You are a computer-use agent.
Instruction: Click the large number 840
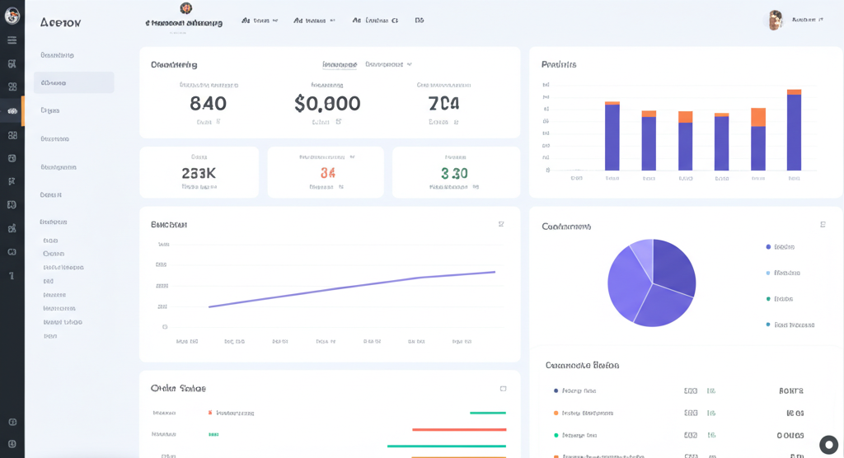point(208,103)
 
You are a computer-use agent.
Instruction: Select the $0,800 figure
point(327,103)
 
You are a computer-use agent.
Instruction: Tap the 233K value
point(199,173)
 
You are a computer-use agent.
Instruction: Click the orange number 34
point(327,173)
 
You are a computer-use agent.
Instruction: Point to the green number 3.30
point(454,173)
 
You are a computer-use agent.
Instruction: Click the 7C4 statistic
point(443,103)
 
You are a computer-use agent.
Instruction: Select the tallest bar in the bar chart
point(794,132)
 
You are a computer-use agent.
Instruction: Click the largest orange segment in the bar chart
point(758,117)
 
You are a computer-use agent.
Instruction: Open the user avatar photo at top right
point(776,21)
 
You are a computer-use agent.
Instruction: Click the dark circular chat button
point(828,445)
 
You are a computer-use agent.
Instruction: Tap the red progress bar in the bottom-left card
point(458,429)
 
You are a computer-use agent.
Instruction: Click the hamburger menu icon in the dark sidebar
point(12,40)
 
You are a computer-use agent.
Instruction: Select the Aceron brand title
point(60,22)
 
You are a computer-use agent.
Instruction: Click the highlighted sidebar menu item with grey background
point(73,82)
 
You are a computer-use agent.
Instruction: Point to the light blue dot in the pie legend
point(768,273)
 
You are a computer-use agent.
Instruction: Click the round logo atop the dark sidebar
point(12,16)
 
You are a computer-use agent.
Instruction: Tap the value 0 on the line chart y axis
point(165,327)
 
